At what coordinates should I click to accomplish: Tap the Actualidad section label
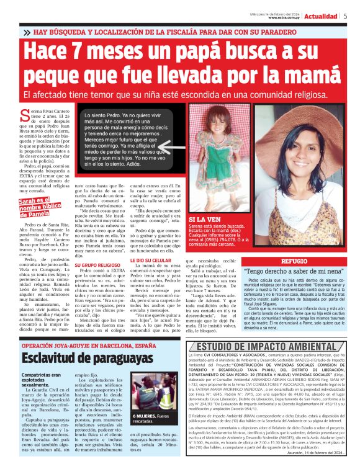pyautogui.click(x=322, y=16)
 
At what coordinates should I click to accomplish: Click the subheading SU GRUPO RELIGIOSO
pyautogui.click(x=94, y=264)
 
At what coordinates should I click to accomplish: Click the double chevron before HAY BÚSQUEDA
pyautogui.click(x=27, y=32)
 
